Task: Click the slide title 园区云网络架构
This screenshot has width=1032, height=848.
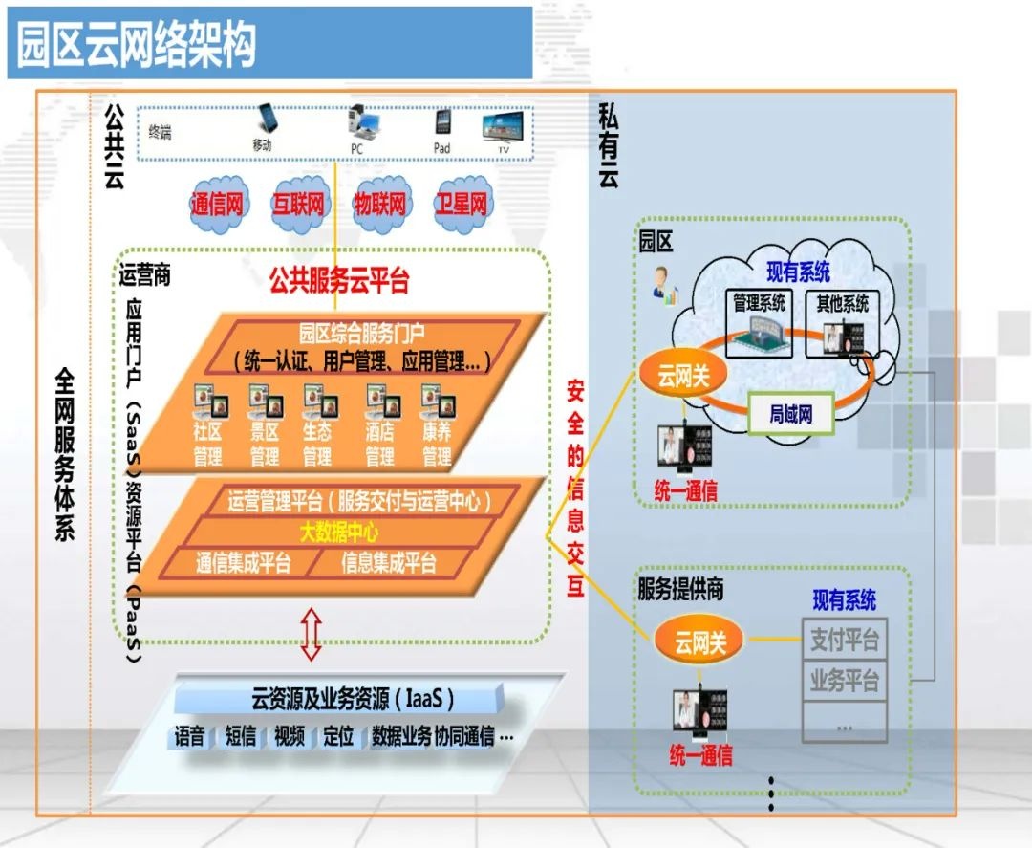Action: click(x=137, y=45)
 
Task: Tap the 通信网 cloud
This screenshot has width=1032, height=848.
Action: click(x=220, y=204)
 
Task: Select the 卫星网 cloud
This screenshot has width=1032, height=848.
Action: click(x=462, y=204)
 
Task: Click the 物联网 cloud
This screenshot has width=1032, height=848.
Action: click(x=380, y=204)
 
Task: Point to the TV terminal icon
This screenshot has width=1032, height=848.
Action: click(x=503, y=130)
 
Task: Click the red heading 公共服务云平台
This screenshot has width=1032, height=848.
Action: click(x=338, y=281)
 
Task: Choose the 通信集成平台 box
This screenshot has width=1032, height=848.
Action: click(x=243, y=563)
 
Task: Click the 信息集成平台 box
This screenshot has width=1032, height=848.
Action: click(x=389, y=563)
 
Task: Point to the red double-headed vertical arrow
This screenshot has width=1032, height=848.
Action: click(x=311, y=633)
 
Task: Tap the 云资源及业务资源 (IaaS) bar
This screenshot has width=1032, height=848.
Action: click(x=354, y=698)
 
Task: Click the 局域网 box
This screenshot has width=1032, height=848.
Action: click(x=790, y=415)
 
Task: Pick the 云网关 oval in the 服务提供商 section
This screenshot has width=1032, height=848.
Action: click(x=700, y=641)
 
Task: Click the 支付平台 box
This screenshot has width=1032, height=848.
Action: click(x=844, y=639)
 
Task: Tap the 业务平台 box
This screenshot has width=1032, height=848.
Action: click(x=844, y=681)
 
